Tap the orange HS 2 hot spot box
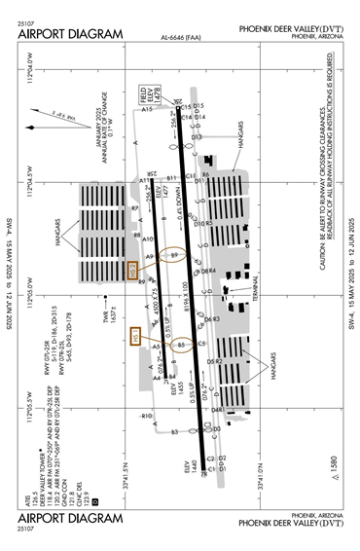click(x=136, y=272)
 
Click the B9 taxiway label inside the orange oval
click(x=175, y=255)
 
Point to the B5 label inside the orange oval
click(x=181, y=344)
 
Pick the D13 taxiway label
click(x=196, y=137)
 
